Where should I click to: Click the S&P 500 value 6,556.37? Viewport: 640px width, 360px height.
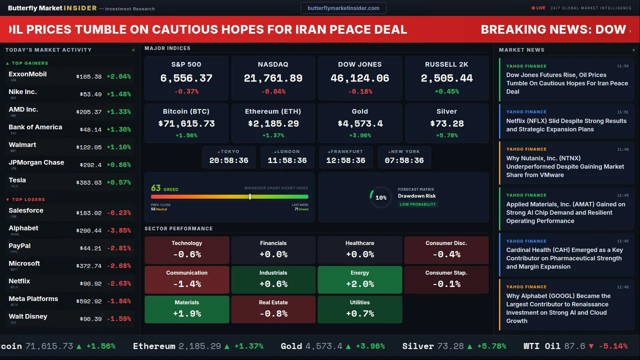186,78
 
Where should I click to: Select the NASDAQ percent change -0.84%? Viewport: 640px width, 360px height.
273,91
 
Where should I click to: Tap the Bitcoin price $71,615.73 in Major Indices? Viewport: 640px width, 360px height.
186,123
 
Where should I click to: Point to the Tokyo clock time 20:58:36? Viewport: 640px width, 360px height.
228,160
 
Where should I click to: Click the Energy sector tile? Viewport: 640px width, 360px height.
359,279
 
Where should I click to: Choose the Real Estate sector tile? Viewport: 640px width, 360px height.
273,309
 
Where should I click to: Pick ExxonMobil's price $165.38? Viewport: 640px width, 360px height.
89,77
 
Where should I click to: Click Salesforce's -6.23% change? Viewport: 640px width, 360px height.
118,213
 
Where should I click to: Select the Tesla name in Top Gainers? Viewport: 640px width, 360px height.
17,180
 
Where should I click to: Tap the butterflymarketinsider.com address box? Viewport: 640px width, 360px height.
343,8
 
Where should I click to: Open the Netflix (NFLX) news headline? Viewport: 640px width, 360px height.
566,125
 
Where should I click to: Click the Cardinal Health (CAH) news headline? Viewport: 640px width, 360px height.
564,258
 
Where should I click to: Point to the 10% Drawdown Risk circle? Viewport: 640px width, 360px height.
380,197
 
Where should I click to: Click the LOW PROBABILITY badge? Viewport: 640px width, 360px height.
417,204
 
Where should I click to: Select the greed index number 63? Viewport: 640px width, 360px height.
156,188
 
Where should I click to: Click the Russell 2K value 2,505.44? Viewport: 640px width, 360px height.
446,78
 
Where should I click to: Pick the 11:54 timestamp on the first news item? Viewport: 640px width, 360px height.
622,66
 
